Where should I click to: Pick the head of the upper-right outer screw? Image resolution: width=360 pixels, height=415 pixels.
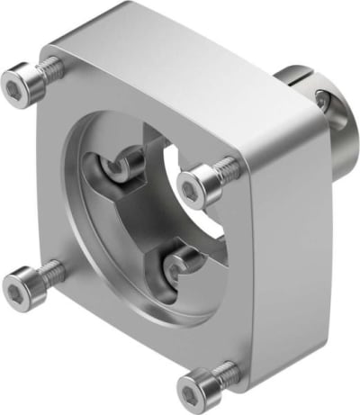point(192,186)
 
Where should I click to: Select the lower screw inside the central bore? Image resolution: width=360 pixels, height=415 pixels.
point(178,267)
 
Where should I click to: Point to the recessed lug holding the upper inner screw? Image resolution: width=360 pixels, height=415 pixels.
point(99,171)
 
